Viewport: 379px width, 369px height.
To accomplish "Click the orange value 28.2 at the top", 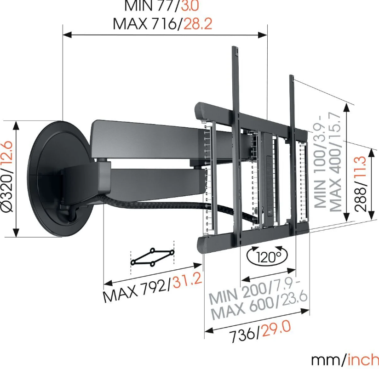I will pos(198,24).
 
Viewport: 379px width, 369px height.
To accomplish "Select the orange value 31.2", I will pos(186,278).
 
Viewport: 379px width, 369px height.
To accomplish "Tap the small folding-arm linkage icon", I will pos(152,257).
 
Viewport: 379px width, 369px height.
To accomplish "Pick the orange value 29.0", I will pos(277,327).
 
